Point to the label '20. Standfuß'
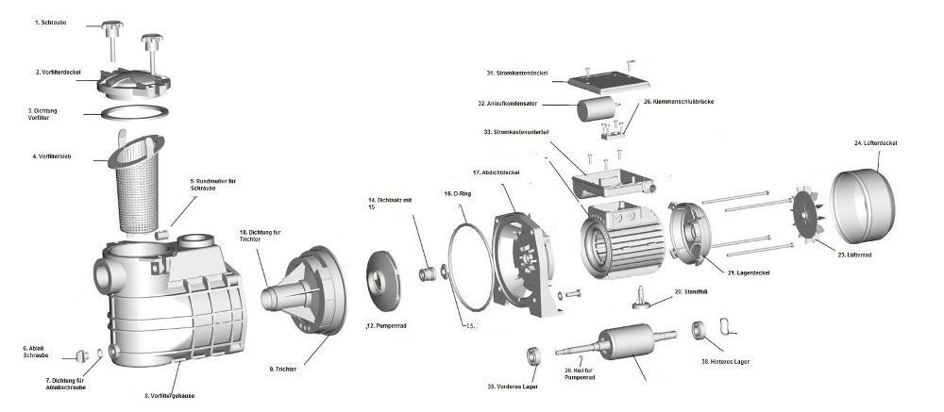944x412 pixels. click(x=692, y=292)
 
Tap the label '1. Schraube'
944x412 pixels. click(x=50, y=21)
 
